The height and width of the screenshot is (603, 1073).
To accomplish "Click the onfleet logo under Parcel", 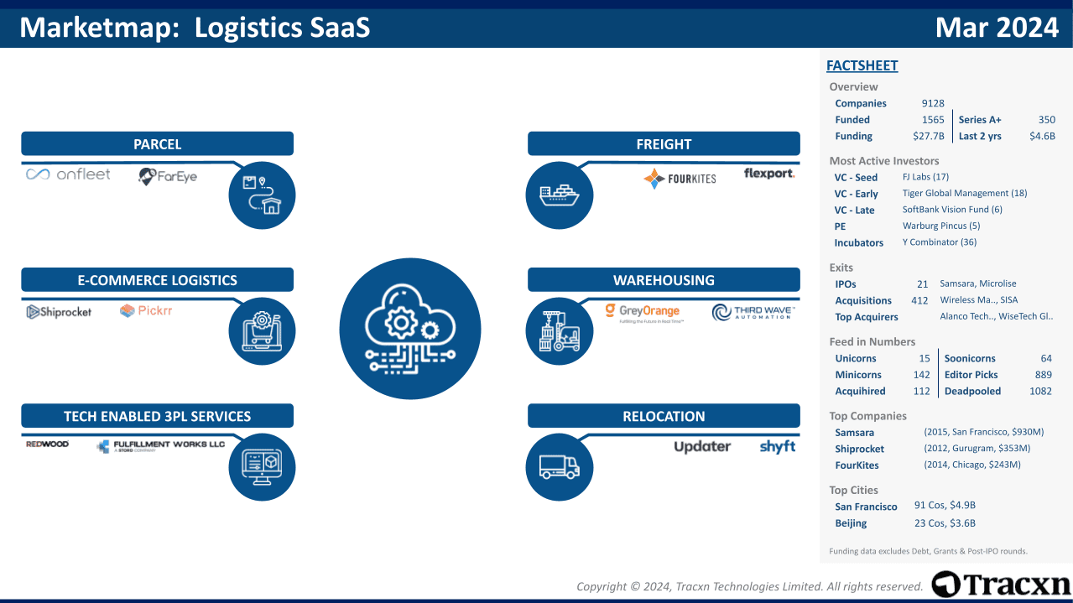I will (x=68, y=174).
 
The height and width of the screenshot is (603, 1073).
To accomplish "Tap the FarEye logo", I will (x=168, y=176).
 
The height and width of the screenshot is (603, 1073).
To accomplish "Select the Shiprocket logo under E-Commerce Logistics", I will (x=59, y=312).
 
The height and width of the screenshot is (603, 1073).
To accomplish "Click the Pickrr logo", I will (x=146, y=311).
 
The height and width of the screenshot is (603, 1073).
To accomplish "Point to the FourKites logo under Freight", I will (x=680, y=179).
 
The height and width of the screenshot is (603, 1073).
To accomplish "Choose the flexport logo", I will (x=768, y=174).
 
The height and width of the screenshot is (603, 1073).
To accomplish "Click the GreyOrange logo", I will (x=643, y=313).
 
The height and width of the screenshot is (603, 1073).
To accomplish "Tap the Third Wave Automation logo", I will (x=753, y=313).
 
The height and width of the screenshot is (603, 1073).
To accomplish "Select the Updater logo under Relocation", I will (x=702, y=447).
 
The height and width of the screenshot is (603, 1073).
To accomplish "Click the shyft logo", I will (x=777, y=446).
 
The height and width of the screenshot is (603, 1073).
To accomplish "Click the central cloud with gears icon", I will (x=409, y=329).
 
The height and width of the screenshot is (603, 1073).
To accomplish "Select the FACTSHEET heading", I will (x=862, y=65).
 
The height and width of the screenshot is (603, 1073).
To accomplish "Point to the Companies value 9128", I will (x=932, y=103).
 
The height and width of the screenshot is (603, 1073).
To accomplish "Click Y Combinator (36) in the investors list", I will (x=939, y=242).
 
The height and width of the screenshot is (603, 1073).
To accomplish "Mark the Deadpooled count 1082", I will (x=1040, y=391).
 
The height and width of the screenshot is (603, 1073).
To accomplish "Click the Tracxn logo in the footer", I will (x=1001, y=585).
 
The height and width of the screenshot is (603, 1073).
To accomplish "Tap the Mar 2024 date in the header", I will (x=997, y=28).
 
